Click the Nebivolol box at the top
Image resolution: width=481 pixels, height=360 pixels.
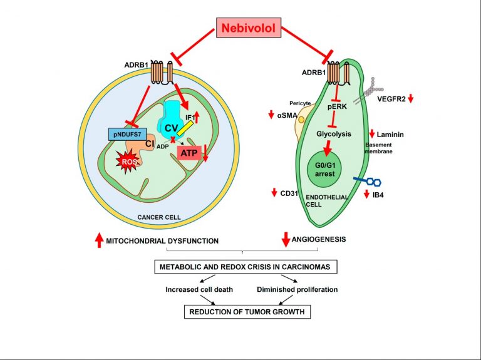tap(249, 28)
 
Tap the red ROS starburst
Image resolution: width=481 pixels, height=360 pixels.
tap(128, 161)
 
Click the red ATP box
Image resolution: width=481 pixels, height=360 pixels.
tap(189, 153)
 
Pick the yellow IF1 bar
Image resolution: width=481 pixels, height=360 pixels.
tap(185, 128)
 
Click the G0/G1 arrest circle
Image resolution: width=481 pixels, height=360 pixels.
tap(325, 170)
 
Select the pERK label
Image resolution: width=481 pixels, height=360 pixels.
tap(337, 106)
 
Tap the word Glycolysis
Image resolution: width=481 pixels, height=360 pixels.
tap(334, 134)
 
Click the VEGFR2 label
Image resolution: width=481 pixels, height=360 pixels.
tap(391, 99)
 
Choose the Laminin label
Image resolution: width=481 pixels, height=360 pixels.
tap(390, 135)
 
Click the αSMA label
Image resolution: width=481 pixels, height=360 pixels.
tap(287, 115)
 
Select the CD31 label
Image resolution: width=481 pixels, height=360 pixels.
tap(289, 193)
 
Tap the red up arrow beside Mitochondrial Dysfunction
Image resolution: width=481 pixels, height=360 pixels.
tap(99, 240)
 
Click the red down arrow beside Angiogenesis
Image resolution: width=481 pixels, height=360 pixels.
tap(286, 240)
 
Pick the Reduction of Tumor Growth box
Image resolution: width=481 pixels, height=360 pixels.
tap(247, 312)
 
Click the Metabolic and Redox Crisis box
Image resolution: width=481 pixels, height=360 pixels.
tap(246, 267)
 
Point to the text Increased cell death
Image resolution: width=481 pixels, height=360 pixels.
tap(199, 289)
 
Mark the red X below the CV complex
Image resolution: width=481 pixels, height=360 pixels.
tap(173, 140)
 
